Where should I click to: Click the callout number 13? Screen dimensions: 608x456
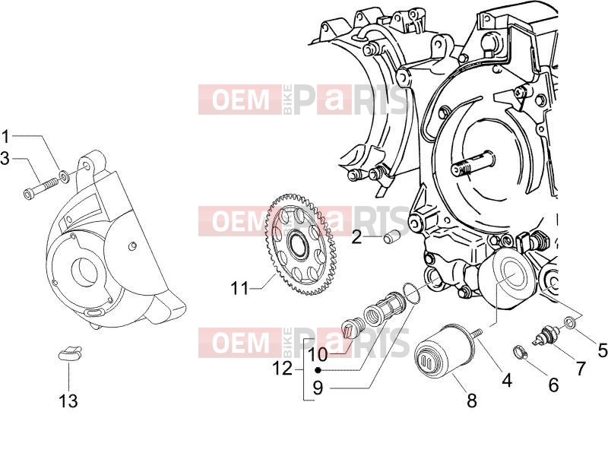(x=68, y=401)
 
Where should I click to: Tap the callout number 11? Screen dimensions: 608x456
(x=239, y=288)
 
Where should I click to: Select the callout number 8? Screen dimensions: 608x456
(x=472, y=401)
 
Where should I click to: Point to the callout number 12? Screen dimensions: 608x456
(x=283, y=368)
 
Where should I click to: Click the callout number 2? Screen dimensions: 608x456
(x=356, y=237)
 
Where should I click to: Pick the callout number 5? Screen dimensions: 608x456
(x=602, y=350)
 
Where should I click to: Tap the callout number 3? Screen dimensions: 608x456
(x=5, y=158)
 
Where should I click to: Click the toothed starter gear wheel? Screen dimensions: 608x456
(x=300, y=245)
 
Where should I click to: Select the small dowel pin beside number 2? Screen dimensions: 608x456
(x=391, y=237)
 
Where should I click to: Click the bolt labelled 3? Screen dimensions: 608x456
(x=40, y=188)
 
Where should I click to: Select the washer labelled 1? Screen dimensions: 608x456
(x=63, y=178)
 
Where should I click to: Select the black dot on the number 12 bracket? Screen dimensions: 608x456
(x=318, y=370)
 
